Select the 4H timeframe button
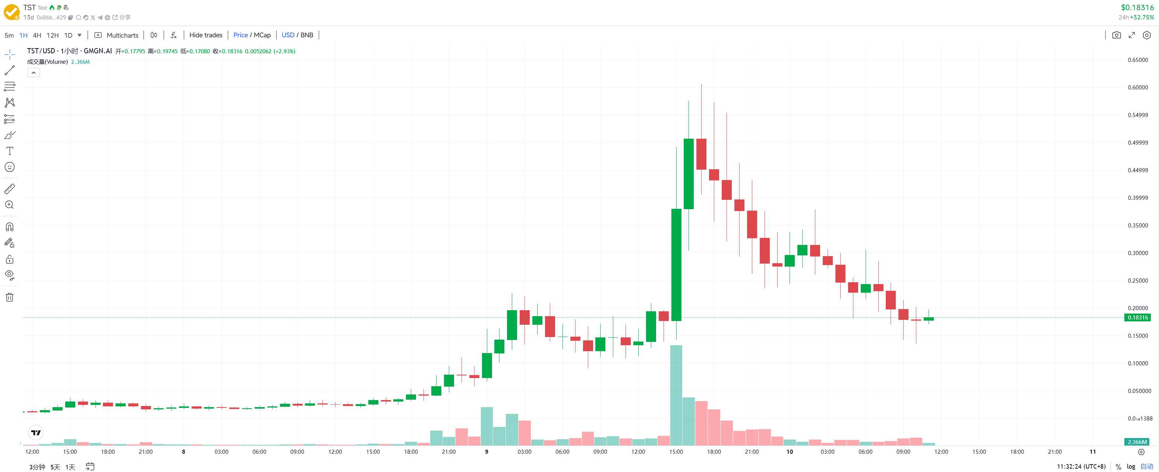37,35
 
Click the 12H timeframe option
52,35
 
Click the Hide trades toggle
206,35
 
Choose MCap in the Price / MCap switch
262,35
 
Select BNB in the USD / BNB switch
307,35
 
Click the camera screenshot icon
1116,35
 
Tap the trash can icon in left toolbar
9,298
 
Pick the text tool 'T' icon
9,151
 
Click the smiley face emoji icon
9,167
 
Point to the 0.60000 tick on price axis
1137,88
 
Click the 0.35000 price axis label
1137,226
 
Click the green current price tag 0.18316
1137,318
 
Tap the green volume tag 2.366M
1137,442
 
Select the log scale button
1131,467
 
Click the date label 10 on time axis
790,452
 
